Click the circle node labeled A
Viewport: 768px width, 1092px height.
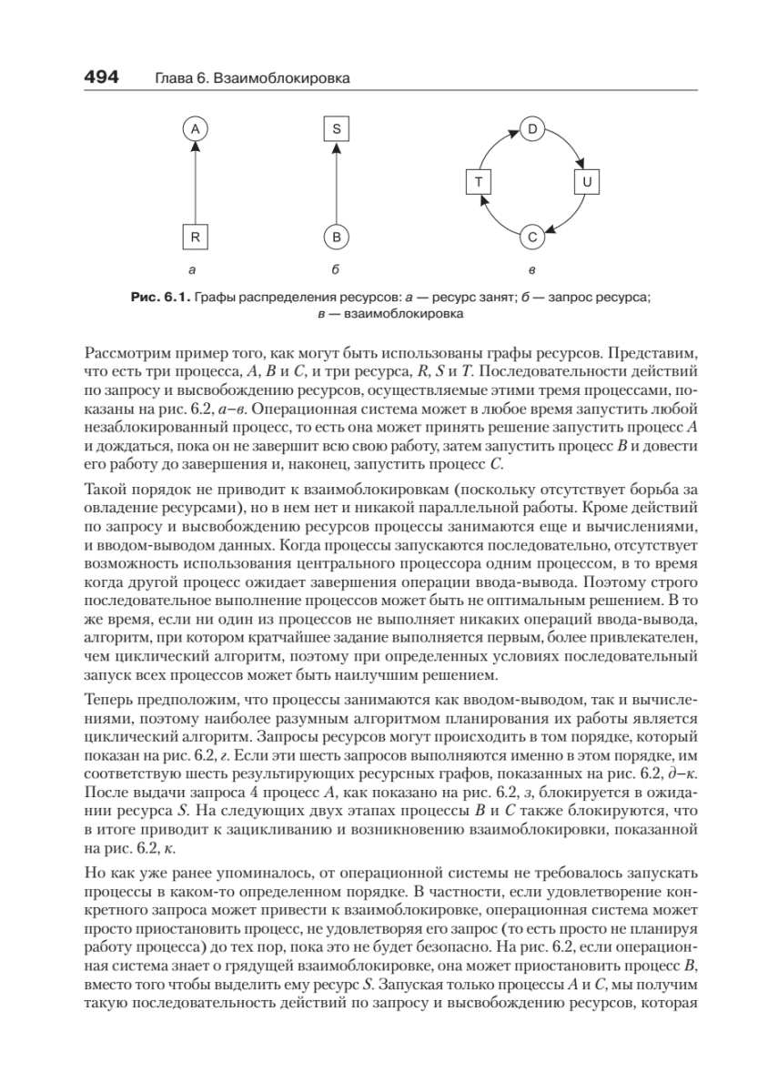point(194,129)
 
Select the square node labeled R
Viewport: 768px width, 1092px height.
point(194,238)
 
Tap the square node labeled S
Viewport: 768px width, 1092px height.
point(336,129)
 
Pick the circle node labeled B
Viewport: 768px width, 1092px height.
point(336,238)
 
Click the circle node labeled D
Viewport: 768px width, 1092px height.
point(531,128)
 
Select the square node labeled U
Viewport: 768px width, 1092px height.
point(587,182)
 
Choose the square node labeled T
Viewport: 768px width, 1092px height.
point(478,182)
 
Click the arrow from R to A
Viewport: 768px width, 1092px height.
point(194,182)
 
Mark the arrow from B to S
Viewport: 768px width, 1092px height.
point(336,182)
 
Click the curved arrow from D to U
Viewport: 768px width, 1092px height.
point(569,144)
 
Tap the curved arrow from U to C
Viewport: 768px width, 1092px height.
point(570,221)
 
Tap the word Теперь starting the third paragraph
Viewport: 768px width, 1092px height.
point(107,699)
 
